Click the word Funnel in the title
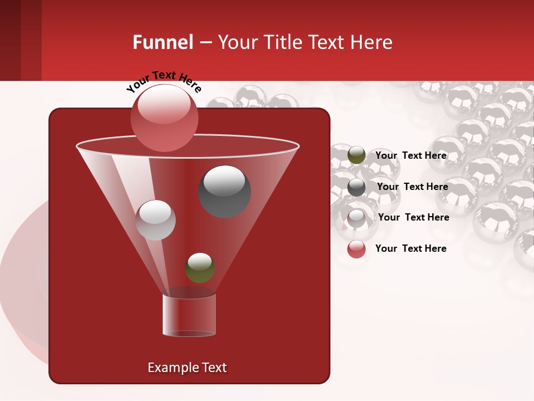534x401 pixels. pyautogui.click(x=162, y=42)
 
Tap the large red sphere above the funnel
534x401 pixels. pyautogui.click(x=164, y=118)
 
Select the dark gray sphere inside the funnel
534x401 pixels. pyautogui.click(x=224, y=191)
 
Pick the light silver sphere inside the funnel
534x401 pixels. pyautogui.click(x=155, y=220)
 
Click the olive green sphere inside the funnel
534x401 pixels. pyautogui.click(x=200, y=268)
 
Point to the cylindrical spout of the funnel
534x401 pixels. pyautogui.click(x=189, y=315)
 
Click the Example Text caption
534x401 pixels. pyautogui.click(x=187, y=368)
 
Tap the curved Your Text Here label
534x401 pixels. pyautogui.click(x=164, y=81)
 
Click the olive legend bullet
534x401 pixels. pyautogui.click(x=357, y=155)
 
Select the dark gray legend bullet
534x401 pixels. pyautogui.click(x=357, y=187)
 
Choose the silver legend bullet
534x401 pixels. pyautogui.click(x=357, y=218)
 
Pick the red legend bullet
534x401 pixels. pyautogui.click(x=357, y=249)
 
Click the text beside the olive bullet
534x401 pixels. pyautogui.click(x=411, y=155)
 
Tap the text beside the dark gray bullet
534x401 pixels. pyautogui.click(x=412, y=187)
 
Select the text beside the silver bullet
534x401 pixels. pyautogui.click(x=413, y=217)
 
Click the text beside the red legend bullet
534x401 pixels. pyautogui.click(x=411, y=248)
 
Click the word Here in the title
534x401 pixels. pyautogui.click(x=373, y=42)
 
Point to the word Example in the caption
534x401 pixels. pyautogui.click(x=169, y=368)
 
